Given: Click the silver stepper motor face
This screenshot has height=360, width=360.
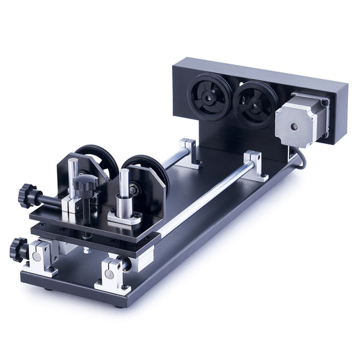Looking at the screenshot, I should (297, 125).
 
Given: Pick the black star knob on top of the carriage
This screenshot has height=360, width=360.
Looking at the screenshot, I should (85, 181).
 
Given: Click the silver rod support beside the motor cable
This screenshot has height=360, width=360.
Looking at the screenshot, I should (256, 164).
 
